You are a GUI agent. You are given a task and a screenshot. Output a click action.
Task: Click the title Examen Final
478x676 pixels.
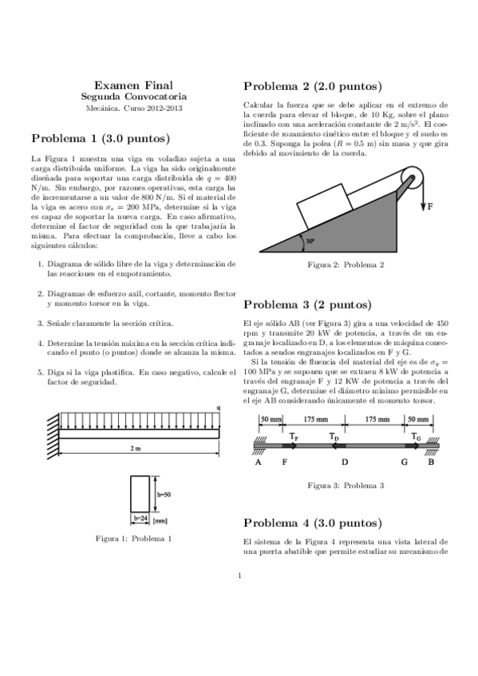[x=133, y=84]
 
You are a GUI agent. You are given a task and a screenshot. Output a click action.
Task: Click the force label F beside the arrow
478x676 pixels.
[x=430, y=206]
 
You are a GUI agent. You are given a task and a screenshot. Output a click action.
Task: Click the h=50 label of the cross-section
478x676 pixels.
[x=164, y=494]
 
